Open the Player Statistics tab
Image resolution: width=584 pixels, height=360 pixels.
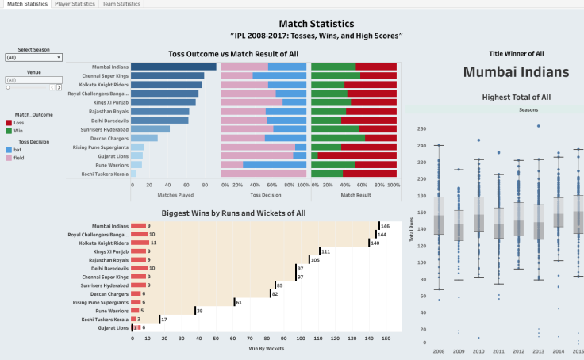pos(75,4)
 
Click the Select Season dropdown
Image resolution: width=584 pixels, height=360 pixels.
pos(33,58)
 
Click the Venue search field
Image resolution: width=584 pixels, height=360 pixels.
pos(33,80)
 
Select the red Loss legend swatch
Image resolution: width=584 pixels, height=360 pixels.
pos(9,123)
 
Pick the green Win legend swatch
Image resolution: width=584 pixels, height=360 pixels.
pos(9,130)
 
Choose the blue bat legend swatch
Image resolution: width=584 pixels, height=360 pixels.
pos(9,149)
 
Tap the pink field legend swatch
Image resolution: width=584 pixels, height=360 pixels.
pos(9,157)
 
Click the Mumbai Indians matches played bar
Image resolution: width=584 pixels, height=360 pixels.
pos(173,67)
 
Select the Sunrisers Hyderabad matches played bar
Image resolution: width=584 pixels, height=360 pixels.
pos(150,128)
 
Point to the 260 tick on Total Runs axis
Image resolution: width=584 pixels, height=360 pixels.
pos(421,127)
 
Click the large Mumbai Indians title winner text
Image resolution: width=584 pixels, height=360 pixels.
pos(516,71)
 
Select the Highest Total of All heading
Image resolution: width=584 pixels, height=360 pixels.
pos(516,97)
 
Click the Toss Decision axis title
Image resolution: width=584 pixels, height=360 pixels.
pos(263,193)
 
